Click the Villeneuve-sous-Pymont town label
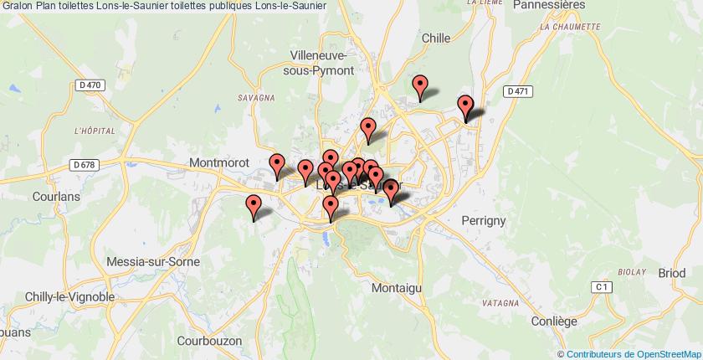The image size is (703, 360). (x=321, y=62)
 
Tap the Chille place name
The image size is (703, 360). (x=435, y=38)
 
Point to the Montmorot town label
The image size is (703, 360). (x=221, y=163)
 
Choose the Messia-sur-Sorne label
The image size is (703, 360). (x=153, y=262)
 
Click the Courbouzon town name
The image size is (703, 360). (x=209, y=341)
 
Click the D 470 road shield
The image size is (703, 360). (x=86, y=85)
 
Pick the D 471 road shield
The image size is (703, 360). (x=520, y=91)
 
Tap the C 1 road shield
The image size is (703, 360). (x=598, y=287)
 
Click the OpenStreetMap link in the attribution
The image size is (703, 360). (x=659, y=353)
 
